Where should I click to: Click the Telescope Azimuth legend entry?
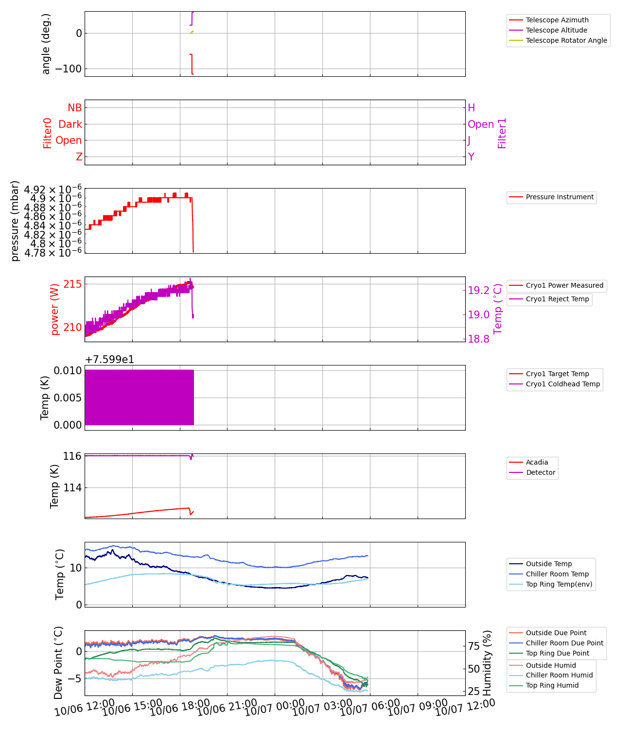[x=557, y=20]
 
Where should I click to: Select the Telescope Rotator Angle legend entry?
[x=566, y=40]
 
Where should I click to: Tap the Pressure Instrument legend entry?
[x=560, y=197]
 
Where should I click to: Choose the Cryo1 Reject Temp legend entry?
[x=557, y=299]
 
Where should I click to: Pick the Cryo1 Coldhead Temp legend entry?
[x=563, y=384]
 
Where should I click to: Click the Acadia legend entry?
[x=537, y=462]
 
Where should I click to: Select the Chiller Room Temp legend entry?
[x=557, y=574]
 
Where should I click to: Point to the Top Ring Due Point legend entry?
[x=557, y=653]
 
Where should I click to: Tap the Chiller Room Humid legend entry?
[x=559, y=675]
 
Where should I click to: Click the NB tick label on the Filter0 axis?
[x=75, y=108]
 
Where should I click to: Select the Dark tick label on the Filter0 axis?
[x=70, y=124]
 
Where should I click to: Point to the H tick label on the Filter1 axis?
[x=471, y=108]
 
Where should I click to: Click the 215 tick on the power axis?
[x=72, y=284]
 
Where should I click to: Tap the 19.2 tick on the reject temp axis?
[x=479, y=291]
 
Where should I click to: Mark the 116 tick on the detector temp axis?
[x=72, y=456]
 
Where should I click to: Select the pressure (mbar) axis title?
[x=15, y=221]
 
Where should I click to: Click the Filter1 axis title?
[x=502, y=133]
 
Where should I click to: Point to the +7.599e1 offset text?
[x=109, y=360]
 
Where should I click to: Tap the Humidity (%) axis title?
[x=488, y=663]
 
